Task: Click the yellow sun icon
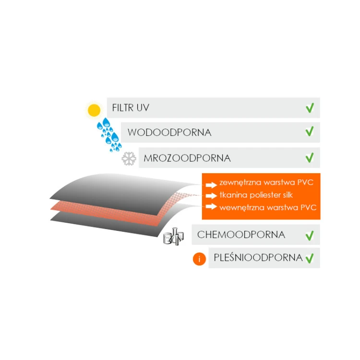point(94,110)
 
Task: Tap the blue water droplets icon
point(109,134)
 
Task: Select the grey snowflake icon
point(129,158)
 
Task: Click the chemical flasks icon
point(174,237)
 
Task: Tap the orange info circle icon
point(199,259)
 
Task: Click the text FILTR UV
point(131,108)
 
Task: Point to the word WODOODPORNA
point(169,132)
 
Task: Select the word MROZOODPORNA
point(187,158)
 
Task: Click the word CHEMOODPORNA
point(241,235)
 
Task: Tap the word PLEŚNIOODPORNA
point(258,258)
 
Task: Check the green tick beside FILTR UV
point(310,108)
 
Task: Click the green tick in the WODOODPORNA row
point(310,132)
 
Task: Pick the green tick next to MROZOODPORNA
point(310,157)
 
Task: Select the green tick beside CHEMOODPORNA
point(310,236)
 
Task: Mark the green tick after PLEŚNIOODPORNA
point(310,258)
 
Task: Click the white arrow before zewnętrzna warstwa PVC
point(211,185)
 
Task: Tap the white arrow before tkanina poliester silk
point(211,196)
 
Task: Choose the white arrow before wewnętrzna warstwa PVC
point(211,206)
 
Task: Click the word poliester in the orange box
point(264,195)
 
